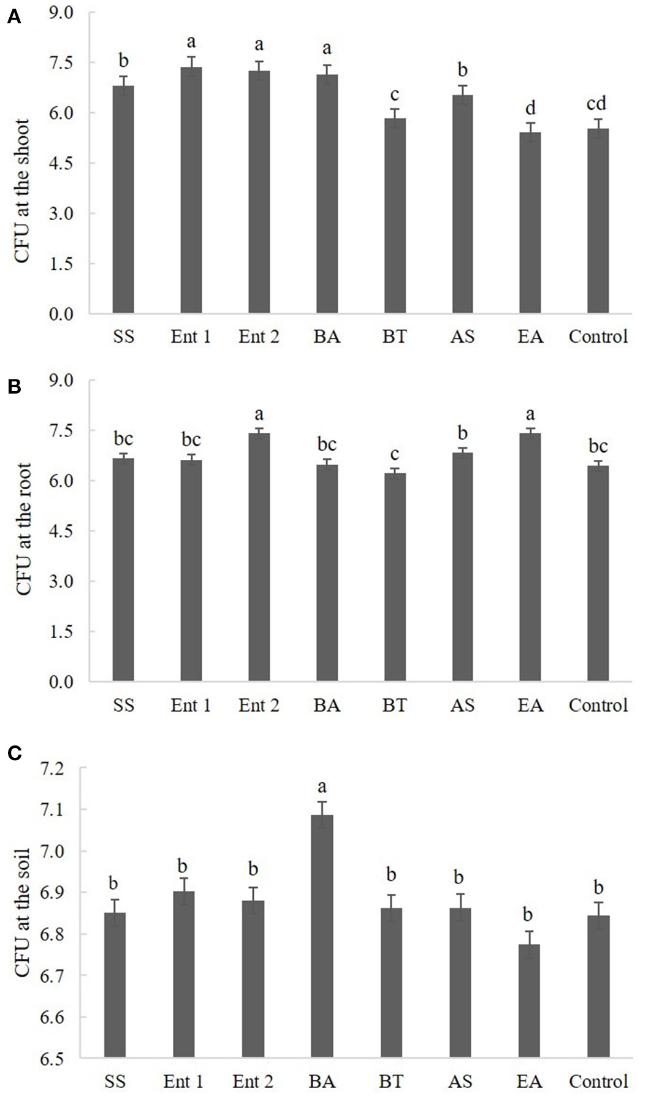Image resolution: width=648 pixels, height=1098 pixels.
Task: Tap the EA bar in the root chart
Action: point(530,558)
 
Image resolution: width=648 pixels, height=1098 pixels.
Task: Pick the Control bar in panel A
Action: point(598,221)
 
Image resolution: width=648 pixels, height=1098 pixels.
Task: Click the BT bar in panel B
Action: point(394,576)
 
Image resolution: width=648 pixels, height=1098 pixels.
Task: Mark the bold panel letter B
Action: point(14,387)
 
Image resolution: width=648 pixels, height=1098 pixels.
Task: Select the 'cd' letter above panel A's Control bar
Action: point(596,104)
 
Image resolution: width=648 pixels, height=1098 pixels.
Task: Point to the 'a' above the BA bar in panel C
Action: point(322,786)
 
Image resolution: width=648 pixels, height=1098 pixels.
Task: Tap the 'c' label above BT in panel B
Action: point(394,454)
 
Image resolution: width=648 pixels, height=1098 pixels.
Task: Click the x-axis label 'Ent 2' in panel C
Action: point(253,1081)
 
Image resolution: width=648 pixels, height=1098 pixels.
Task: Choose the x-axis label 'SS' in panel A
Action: point(123,337)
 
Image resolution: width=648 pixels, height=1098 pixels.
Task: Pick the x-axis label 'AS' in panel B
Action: point(462,705)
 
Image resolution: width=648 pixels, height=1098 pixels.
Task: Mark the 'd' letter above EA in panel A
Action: point(530,109)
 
